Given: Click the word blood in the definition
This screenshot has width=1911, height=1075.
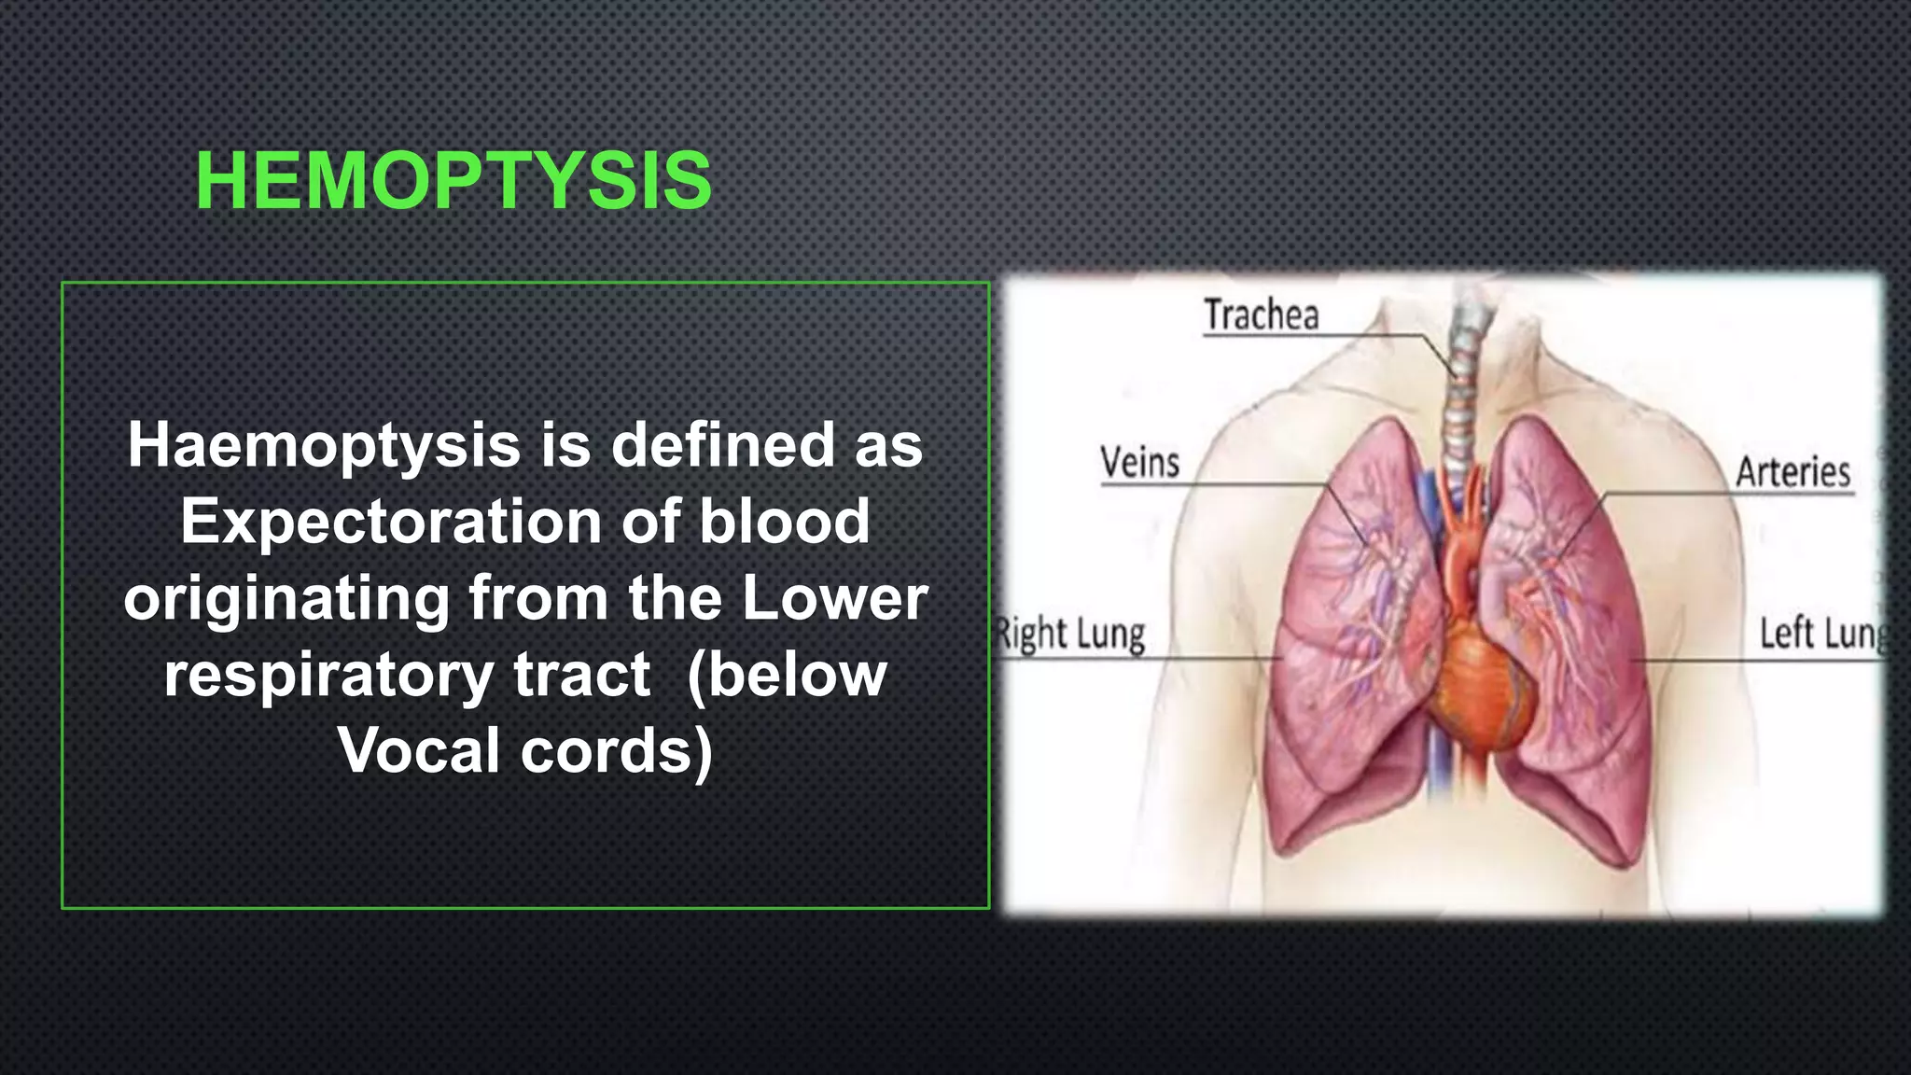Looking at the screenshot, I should (785, 521).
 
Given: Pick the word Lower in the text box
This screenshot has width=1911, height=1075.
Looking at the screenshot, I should (835, 597).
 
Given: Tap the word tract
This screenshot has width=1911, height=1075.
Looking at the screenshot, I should (581, 674).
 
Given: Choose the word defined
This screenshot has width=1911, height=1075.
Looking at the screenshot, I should (722, 445).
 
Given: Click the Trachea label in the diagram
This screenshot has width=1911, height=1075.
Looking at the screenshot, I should (1262, 315).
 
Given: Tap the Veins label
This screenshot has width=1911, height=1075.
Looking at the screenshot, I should (1139, 463).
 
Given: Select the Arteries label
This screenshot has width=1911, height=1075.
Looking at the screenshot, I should (1792, 472).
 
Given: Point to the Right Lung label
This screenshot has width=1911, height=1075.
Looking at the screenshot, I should (1069, 635).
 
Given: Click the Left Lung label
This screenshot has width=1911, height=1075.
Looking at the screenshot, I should (1823, 634).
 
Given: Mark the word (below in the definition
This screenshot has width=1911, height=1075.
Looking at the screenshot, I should (787, 674).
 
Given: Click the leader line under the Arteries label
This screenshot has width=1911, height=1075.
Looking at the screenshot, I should (1726, 493).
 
